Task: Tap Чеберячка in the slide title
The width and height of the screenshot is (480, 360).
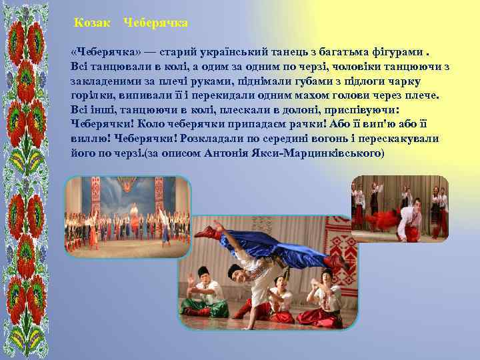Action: (156, 23)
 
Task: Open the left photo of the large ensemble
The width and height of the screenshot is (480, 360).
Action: (127, 217)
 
